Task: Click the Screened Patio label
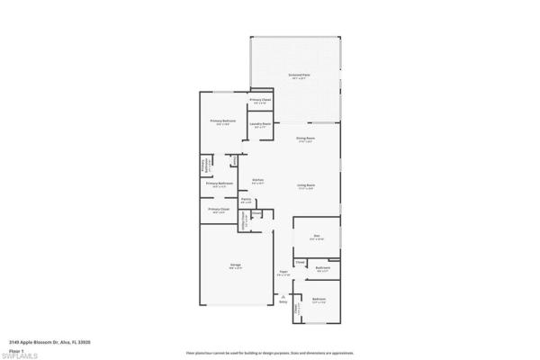click(x=299, y=76)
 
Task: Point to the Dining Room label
click(x=305, y=139)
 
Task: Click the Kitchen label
click(x=257, y=180)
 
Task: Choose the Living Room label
click(x=306, y=185)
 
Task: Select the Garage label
click(x=235, y=265)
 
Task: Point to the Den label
click(x=317, y=236)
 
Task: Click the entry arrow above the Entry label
click(x=283, y=296)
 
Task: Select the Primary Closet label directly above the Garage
click(x=218, y=210)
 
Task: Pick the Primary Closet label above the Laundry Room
click(x=261, y=100)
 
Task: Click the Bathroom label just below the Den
click(x=323, y=267)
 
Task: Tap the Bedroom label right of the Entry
click(x=319, y=299)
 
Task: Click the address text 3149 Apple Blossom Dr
click(x=49, y=342)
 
